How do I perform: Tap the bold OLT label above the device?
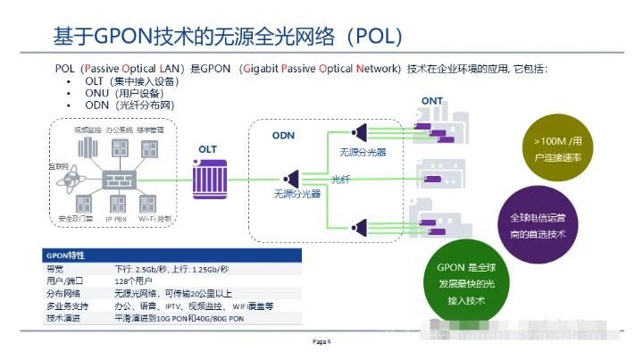click(208, 149)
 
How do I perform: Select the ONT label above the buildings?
click(431, 100)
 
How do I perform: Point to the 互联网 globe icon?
click(63, 179)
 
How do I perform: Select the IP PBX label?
click(119, 218)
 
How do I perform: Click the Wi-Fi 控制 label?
click(155, 218)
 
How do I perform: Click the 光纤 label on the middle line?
click(339, 179)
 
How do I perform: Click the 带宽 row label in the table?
click(54, 268)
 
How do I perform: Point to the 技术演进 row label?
click(60, 317)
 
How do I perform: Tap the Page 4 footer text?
click(321, 340)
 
